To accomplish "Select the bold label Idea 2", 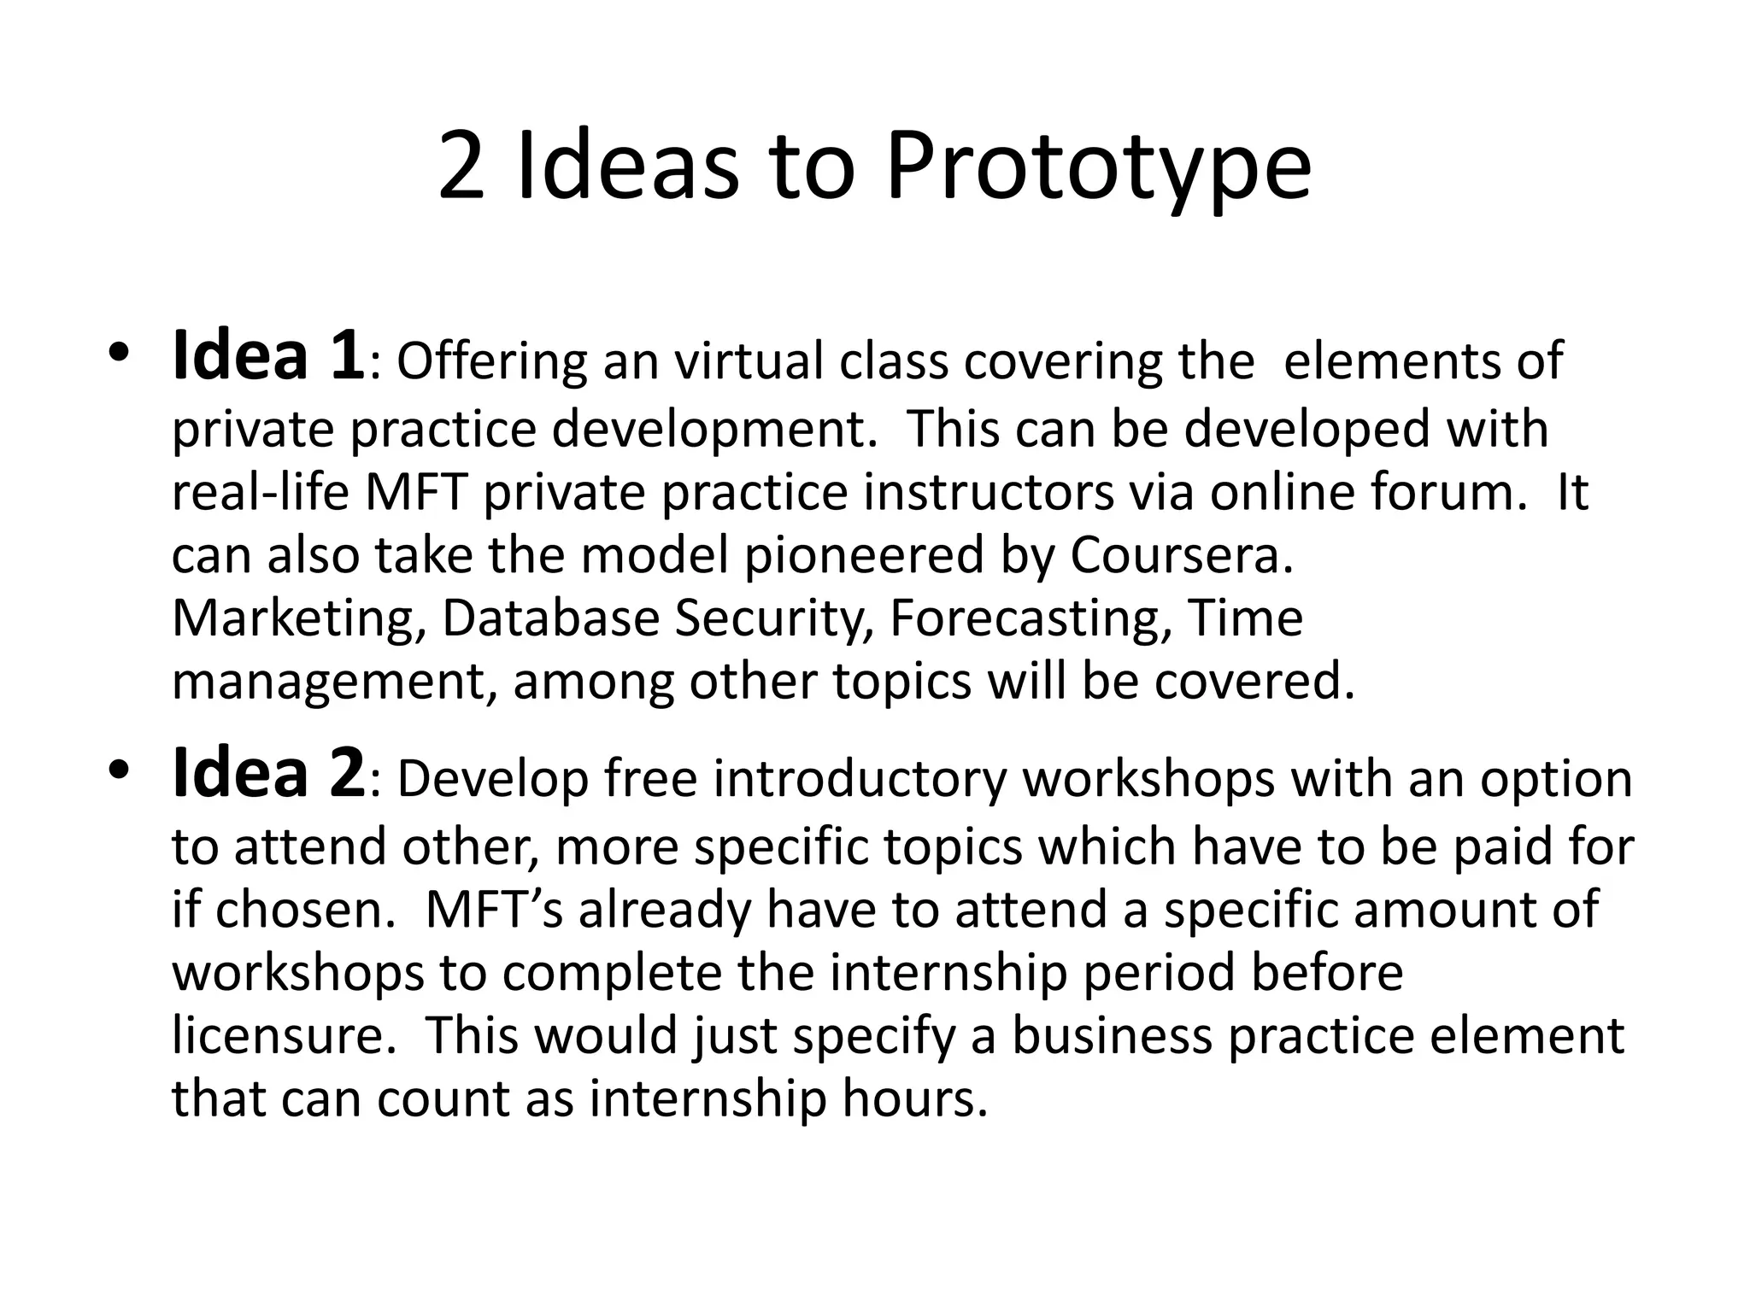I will pos(268,774).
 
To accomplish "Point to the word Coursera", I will pos(1182,555).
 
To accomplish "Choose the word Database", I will pos(550,619).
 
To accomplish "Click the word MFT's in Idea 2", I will pos(494,910).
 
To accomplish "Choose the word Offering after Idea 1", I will pos(491,361).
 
